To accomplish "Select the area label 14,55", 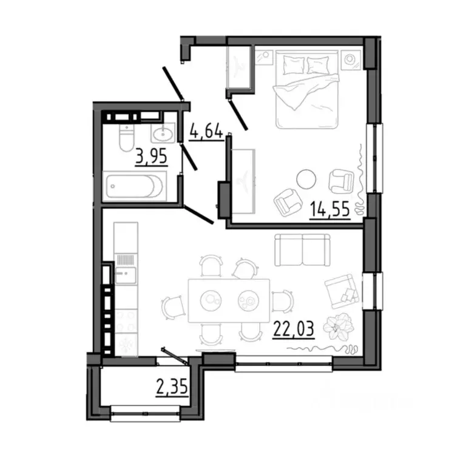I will [x=329, y=210].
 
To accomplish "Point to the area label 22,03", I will [x=294, y=331].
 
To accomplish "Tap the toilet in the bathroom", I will [x=124, y=139].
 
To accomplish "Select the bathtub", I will [x=134, y=186].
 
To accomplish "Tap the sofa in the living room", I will [x=302, y=249].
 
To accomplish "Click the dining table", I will [x=229, y=300].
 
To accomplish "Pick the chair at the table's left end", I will [x=174, y=305].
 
